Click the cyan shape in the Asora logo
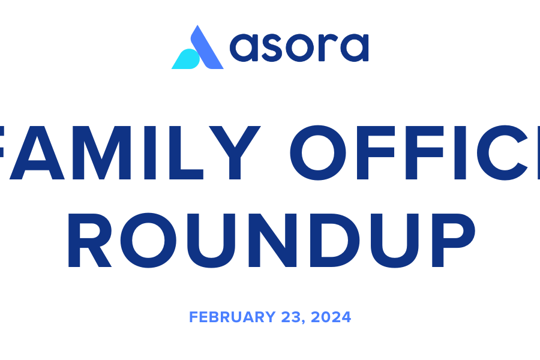pos(186,59)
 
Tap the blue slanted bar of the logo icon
pos(207,47)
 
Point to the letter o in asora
pos(299,47)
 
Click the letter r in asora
pos(327,47)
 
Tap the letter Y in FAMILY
pos(235,152)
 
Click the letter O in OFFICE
pos(317,152)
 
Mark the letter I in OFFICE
pos(460,152)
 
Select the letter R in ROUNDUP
pos(90,240)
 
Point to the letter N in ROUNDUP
pos(272,240)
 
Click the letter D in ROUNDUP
pos(334,240)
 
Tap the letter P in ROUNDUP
pos(454,240)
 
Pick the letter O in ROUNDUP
pos(148,240)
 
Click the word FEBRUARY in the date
pos(232,317)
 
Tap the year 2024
pos(331,317)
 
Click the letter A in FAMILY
pos(37,152)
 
